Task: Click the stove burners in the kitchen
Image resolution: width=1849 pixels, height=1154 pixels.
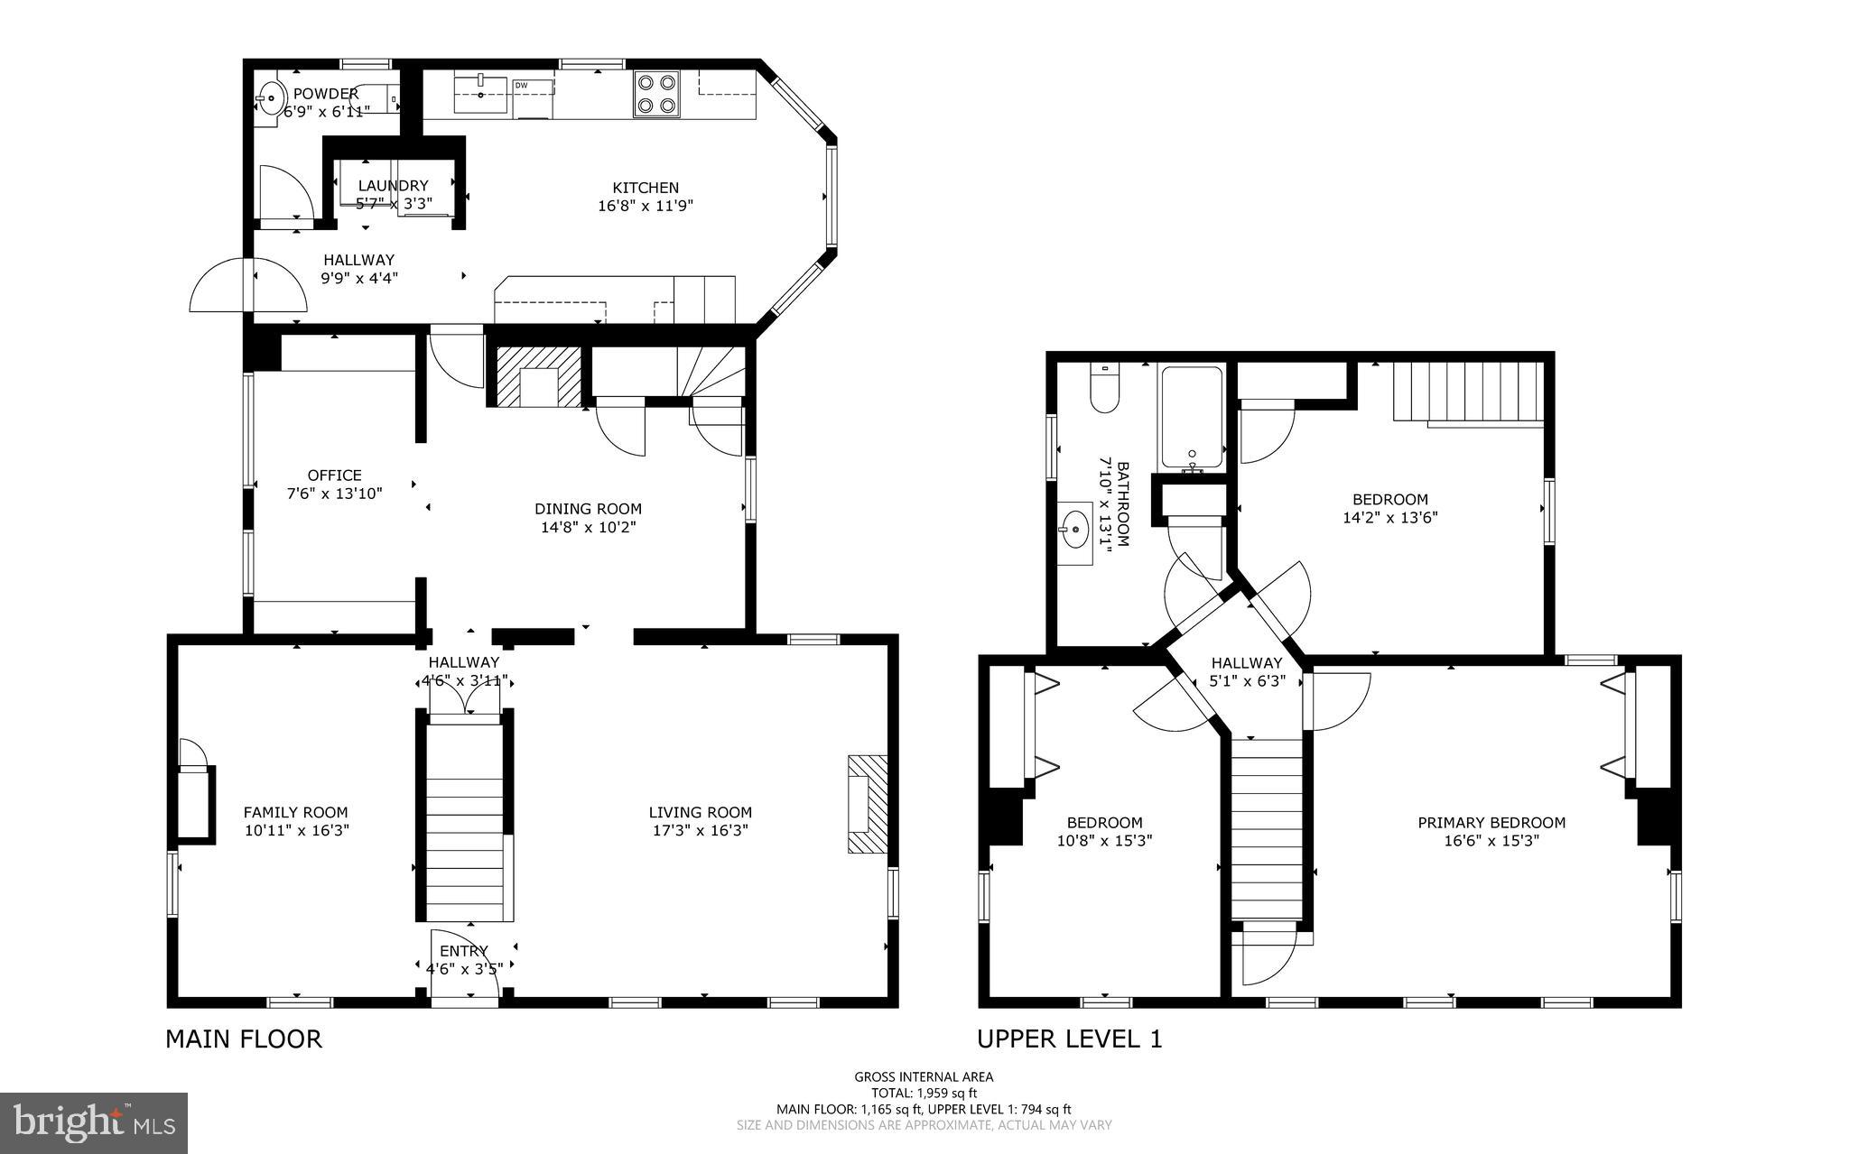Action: [x=655, y=94]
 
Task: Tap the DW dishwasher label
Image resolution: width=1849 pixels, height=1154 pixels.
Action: [x=521, y=86]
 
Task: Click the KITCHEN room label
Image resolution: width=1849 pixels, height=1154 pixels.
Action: [x=646, y=188]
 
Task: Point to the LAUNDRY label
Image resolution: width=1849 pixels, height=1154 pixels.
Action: [x=393, y=186]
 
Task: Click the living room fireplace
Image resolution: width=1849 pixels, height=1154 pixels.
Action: [x=867, y=805]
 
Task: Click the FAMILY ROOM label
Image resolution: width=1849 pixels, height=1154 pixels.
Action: [x=295, y=812]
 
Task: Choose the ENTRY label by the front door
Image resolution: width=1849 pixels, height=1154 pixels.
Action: [x=464, y=951]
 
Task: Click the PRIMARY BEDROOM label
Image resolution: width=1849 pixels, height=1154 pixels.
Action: [x=1491, y=822]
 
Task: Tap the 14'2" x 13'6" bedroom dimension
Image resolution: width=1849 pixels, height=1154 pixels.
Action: [x=1389, y=518]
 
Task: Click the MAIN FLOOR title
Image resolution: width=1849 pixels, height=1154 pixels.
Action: [x=243, y=1039]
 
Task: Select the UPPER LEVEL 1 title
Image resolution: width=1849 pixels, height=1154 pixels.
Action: [x=1069, y=1039]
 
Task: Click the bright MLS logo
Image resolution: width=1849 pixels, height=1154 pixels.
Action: [x=94, y=1123]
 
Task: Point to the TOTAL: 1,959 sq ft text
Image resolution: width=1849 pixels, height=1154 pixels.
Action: [x=924, y=1093]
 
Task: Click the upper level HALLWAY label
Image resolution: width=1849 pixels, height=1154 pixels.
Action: [x=1247, y=662]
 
